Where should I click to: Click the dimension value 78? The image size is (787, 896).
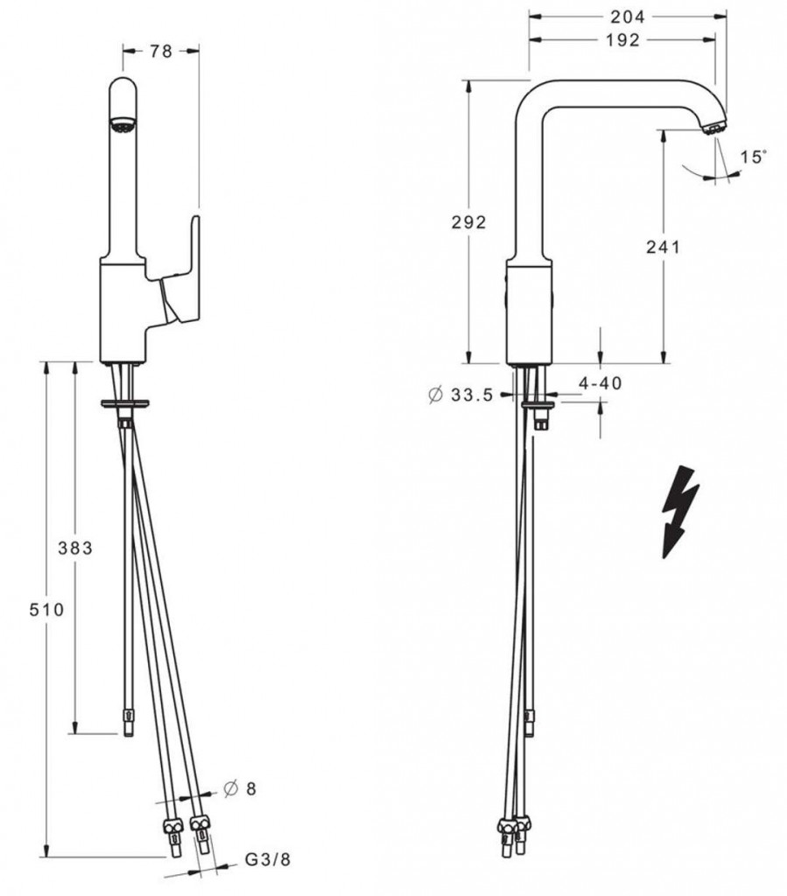tap(160, 52)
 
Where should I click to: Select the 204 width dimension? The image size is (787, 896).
tap(627, 17)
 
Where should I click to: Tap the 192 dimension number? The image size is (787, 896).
tap(622, 39)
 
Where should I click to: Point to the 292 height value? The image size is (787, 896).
tap(468, 221)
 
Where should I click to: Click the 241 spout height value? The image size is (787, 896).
tap(663, 247)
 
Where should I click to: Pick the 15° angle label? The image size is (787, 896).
tap(753, 156)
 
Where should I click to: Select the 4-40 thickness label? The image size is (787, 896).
tap(600, 383)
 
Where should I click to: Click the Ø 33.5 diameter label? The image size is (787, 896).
tap(460, 395)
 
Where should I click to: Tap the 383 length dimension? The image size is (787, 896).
tap(75, 548)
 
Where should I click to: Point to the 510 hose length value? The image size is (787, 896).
tap(47, 610)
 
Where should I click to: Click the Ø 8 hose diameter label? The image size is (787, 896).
tap(240, 789)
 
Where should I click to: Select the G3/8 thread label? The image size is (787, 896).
tap(268, 859)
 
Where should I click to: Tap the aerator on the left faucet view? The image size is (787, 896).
tap(123, 125)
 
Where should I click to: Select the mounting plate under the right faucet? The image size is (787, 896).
tap(539, 404)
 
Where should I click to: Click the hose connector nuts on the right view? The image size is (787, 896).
tap(514, 827)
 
